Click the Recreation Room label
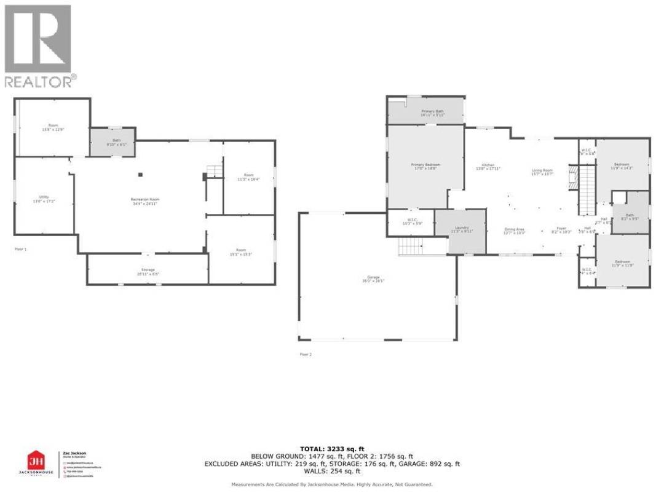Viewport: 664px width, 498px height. click(x=145, y=201)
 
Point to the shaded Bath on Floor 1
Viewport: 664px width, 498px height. click(x=113, y=143)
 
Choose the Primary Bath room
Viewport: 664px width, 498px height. click(x=425, y=113)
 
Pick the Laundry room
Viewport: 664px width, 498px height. click(x=461, y=230)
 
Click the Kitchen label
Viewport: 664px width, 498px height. click(x=488, y=167)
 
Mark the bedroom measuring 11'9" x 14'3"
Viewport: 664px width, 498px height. click(x=622, y=166)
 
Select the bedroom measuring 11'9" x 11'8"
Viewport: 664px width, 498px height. click(x=622, y=264)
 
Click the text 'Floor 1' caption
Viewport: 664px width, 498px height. click(x=21, y=249)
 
